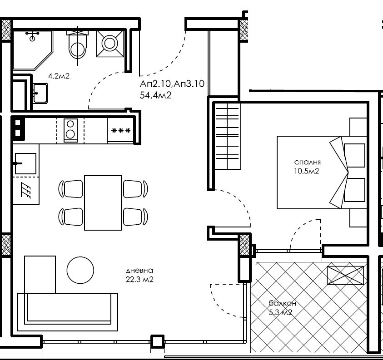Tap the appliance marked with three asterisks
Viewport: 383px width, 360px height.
click(x=121, y=131)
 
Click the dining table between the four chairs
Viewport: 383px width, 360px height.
click(x=103, y=202)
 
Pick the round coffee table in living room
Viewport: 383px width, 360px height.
click(x=80, y=270)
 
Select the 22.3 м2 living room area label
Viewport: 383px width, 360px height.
click(x=139, y=280)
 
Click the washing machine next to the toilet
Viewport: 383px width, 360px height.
click(x=109, y=44)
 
